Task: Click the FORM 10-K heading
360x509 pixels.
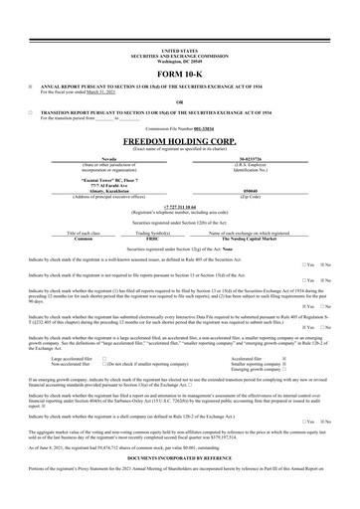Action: (179, 75)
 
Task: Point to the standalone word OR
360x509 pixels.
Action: (179, 101)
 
